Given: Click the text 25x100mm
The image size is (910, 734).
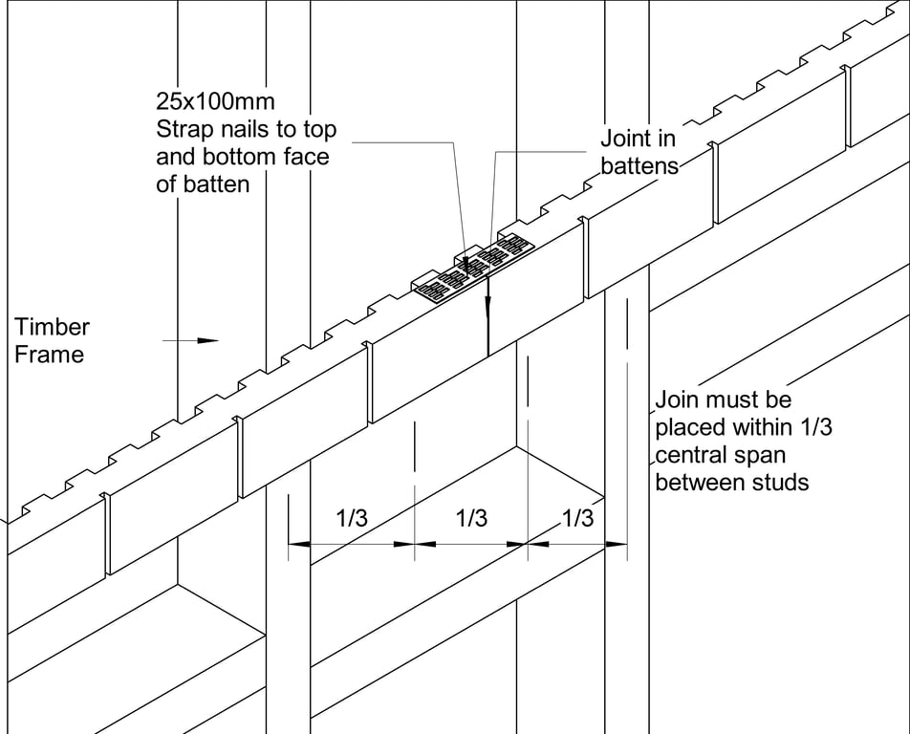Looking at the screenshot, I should click(215, 100).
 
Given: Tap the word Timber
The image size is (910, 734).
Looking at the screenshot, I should click(53, 327).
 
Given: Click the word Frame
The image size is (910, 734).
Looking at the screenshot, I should click(50, 355).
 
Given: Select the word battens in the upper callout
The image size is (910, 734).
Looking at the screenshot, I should click(639, 165).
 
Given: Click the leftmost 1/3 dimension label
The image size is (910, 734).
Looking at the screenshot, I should click(352, 519).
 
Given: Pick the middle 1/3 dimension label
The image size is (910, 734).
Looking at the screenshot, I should click(471, 519).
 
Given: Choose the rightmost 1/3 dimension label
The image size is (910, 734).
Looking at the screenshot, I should click(576, 519).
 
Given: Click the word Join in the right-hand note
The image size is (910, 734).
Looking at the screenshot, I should click(678, 399).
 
